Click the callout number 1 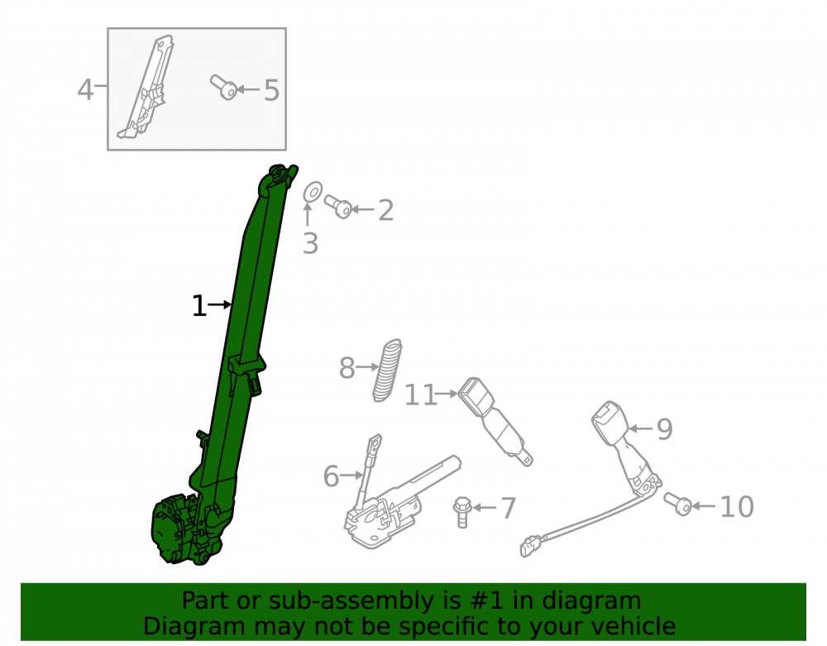[x=198, y=306]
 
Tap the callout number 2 [x=386, y=210]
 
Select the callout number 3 [x=311, y=244]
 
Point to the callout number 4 [x=85, y=89]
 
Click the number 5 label [x=271, y=91]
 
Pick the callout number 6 [x=332, y=476]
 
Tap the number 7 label [x=509, y=508]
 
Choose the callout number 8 [x=347, y=367]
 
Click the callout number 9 [x=665, y=429]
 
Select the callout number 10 [x=737, y=507]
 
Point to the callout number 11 [x=420, y=395]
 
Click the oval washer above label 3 [x=313, y=193]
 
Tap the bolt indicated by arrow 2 [x=338, y=206]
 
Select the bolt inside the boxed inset [x=223, y=88]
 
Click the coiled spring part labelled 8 [x=388, y=371]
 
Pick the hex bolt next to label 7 [x=462, y=511]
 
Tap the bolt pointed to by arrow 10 [x=678, y=504]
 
